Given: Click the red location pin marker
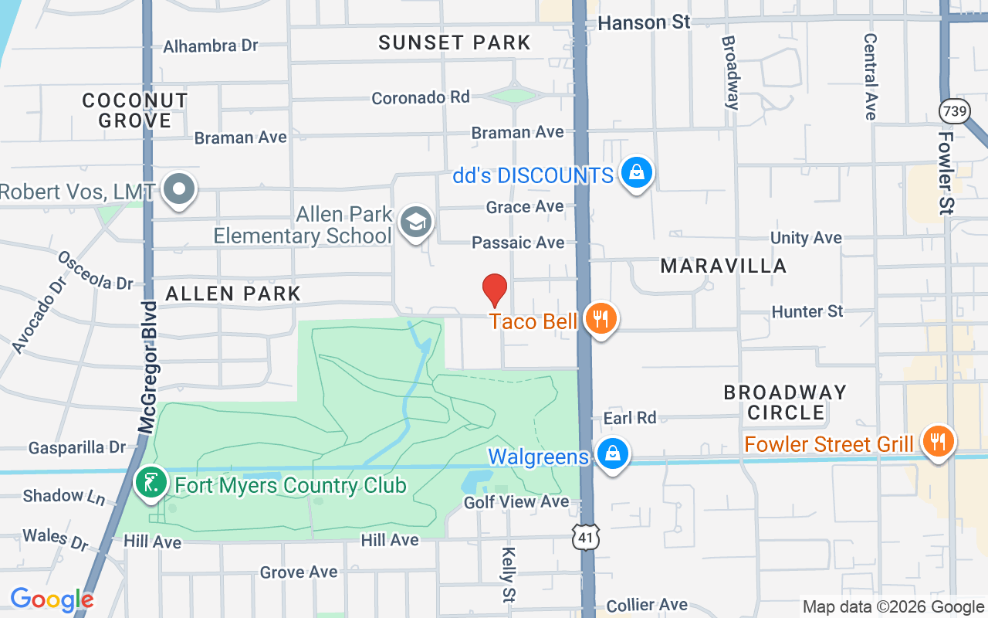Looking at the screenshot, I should (x=495, y=290).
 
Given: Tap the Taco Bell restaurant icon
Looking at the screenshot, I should (x=601, y=318).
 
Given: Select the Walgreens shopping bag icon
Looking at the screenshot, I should (x=612, y=454).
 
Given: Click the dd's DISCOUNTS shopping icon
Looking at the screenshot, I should (x=636, y=173).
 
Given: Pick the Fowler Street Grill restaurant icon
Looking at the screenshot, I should (x=938, y=442).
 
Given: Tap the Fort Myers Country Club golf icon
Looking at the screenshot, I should (x=151, y=483).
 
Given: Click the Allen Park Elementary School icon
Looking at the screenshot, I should (x=416, y=222).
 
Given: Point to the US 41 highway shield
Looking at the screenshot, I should (x=586, y=536).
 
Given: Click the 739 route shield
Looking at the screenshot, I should (x=955, y=111).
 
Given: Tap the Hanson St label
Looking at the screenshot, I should (x=644, y=22).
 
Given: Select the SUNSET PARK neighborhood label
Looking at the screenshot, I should (x=455, y=42).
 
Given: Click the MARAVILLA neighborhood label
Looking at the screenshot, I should (x=723, y=266).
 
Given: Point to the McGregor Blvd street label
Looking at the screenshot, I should (x=147, y=367).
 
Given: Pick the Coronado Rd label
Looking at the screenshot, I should (x=421, y=98).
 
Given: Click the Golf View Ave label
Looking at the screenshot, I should (x=516, y=502).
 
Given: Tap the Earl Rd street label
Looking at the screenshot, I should (x=630, y=418).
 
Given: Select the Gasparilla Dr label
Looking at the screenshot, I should (x=76, y=448).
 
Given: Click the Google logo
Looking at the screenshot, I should (x=52, y=599).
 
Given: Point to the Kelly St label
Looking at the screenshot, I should (x=509, y=575).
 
